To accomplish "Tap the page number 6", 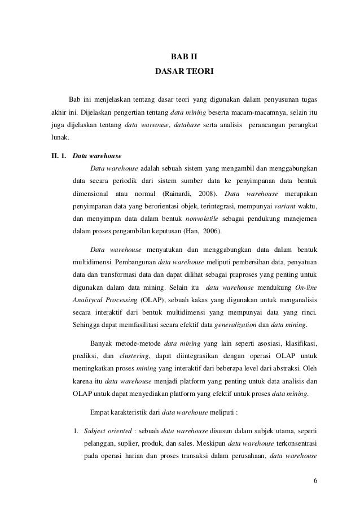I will point(315,480).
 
